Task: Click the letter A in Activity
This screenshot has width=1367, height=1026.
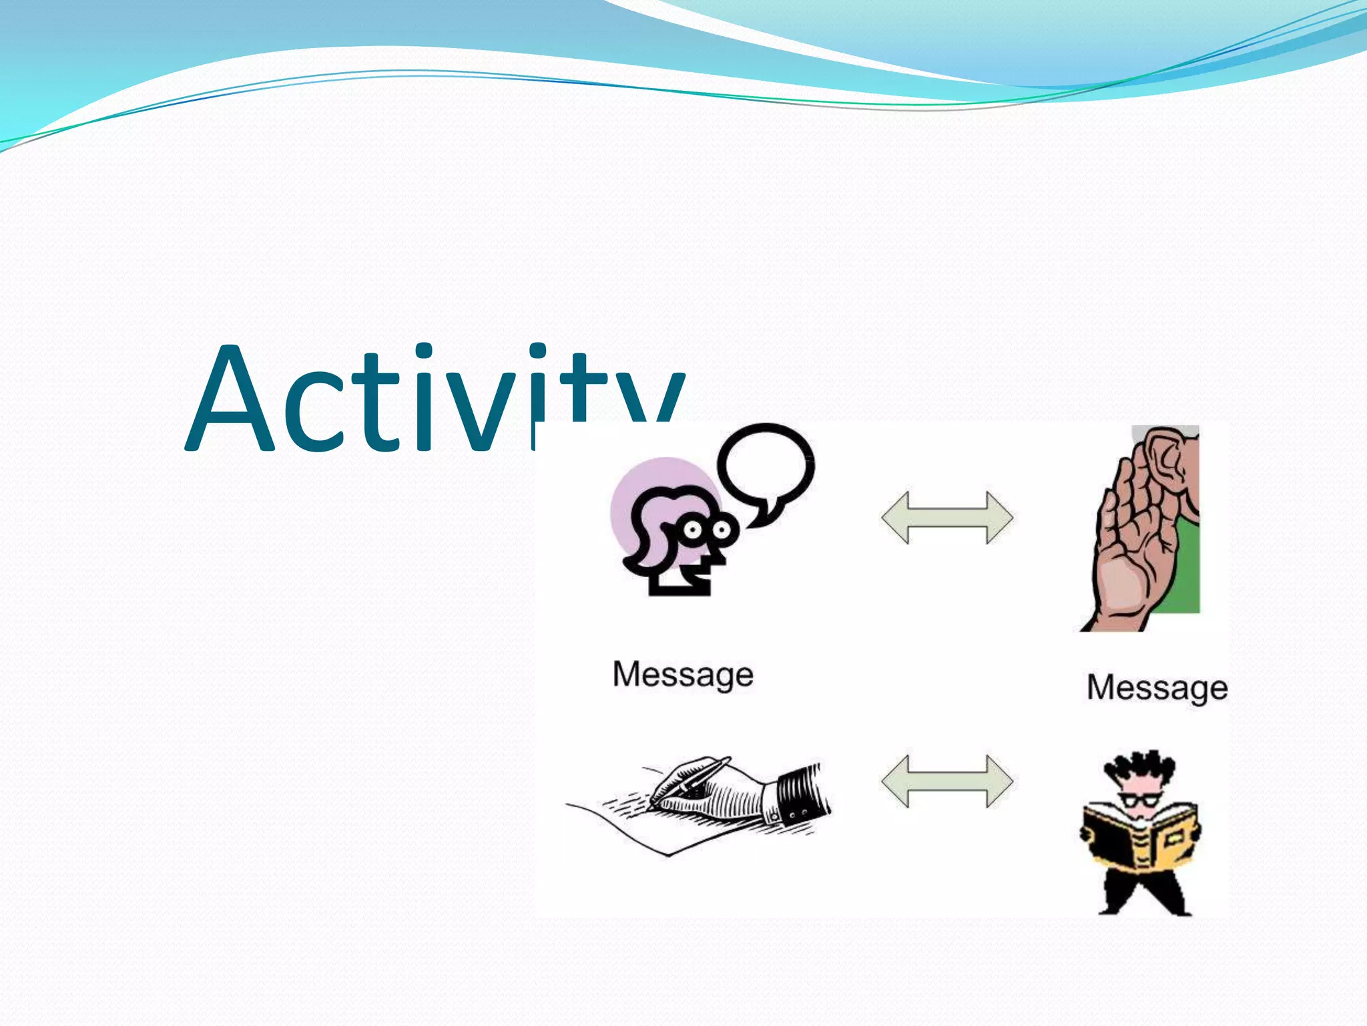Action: (x=230, y=401)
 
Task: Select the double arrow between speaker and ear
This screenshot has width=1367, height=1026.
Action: (x=946, y=518)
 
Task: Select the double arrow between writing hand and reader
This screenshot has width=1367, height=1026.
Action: (x=946, y=781)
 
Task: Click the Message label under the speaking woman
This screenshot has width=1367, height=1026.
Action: (x=683, y=675)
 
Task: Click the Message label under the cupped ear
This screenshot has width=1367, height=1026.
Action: (x=1157, y=688)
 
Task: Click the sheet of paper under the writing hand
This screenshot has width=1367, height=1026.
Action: (x=641, y=828)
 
